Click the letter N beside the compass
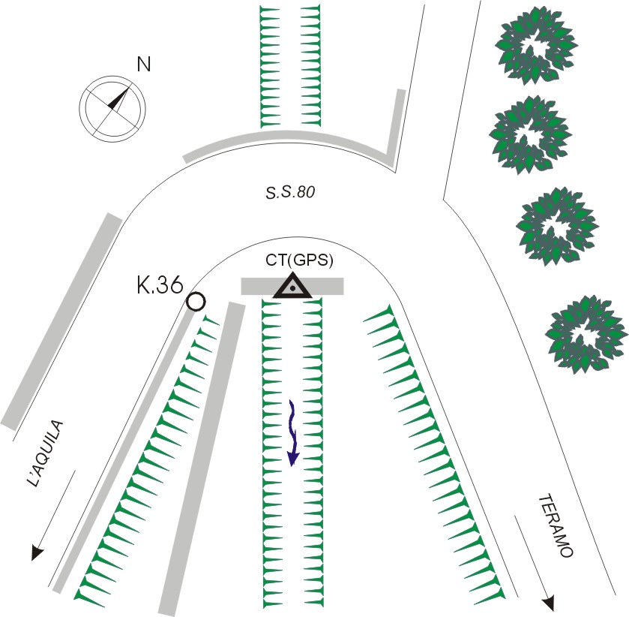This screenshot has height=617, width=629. [143, 65]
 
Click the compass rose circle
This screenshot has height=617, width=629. [112, 108]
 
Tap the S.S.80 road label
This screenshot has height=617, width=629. [289, 192]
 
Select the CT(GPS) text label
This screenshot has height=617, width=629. [299, 261]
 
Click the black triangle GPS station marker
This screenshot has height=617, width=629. [292, 287]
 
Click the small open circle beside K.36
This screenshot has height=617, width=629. [196, 302]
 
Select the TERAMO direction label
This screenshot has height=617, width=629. [556, 525]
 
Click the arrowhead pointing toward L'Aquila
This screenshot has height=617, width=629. [35, 554]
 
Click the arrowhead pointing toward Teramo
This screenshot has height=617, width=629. [549, 602]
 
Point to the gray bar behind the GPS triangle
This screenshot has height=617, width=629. [292, 286]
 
